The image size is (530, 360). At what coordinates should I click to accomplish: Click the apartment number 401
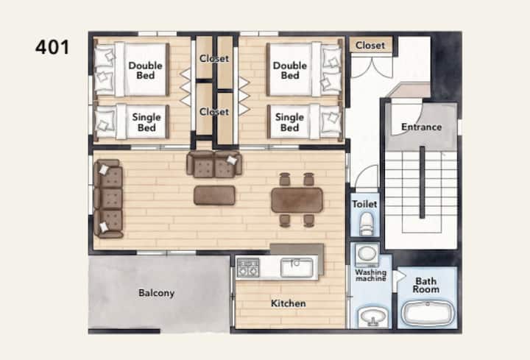[x=52, y=47]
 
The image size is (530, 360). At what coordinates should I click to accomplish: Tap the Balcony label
[x=157, y=293]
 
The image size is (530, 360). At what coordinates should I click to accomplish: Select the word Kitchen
[x=289, y=303]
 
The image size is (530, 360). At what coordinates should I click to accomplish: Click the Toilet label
[x=364, y=204]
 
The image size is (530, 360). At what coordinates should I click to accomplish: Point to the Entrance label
[x=421, y=127]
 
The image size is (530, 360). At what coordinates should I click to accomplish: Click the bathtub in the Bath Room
[x=428, y=314]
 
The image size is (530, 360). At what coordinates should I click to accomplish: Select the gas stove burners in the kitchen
[x=248, y=268]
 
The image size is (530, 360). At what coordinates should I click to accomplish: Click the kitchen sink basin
[x=297, y=268]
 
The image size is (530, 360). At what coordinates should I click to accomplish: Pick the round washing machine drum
[x=367, y=253]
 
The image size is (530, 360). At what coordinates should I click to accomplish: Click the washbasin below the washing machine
[x=372, y=317]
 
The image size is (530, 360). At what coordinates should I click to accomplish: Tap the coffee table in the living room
[x=214, y=195]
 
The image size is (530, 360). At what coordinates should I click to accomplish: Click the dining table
[x=297, y=200]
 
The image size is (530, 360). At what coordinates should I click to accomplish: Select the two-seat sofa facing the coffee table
[x=214, y=164]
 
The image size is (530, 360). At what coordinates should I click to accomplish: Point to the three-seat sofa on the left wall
[x=108, y=199]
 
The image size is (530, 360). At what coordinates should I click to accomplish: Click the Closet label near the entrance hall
[x=370, y=46]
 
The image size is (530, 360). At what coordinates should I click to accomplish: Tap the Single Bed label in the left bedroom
[x=146, y=122]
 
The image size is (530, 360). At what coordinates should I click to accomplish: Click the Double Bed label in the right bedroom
[x=290, y=71]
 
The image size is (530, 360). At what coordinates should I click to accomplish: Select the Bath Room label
[x=426, y=286]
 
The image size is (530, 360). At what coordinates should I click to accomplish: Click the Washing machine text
[x=370, y=275]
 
